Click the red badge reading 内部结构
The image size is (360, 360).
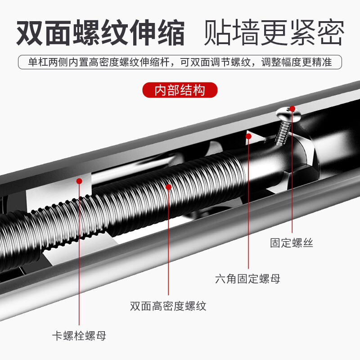tap(180, 90)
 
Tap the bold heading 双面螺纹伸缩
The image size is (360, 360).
tap(100, 32)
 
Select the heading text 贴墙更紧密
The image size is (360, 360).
tap(274, 32)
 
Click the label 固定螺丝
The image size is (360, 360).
tap(291, 243)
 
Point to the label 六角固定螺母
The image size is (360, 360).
tap(247, 279)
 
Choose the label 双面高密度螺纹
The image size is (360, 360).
tap(168, 306)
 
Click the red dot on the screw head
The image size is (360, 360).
tap(292, 108)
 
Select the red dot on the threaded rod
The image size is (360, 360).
tap(168, 186)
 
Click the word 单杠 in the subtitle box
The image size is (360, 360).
tap(33, 62)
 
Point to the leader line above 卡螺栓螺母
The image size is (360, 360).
tap(79, 256)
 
